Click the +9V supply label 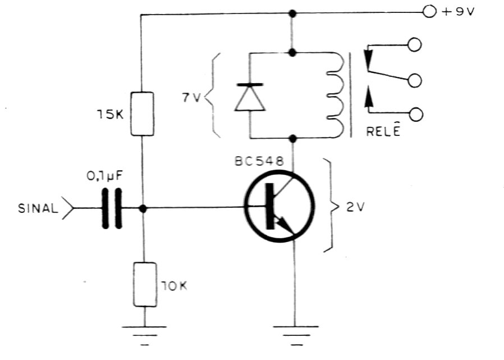[459, 12]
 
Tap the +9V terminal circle [429, 12]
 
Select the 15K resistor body [142, 113]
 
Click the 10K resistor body [145, 284]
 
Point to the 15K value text [110, 114]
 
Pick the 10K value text [174, 286]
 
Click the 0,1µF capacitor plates [112, 208]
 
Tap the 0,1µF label [105, 176]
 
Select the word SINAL [38, 208]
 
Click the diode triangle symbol [250, 98]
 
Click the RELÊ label [383, 130]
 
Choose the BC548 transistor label [259, 161]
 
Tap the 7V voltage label [191, 98]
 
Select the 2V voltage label [355, 207]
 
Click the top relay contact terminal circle [415, 45]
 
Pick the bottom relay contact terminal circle [416, 115]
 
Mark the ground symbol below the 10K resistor [144, 336]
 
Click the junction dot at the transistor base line [143, 208]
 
